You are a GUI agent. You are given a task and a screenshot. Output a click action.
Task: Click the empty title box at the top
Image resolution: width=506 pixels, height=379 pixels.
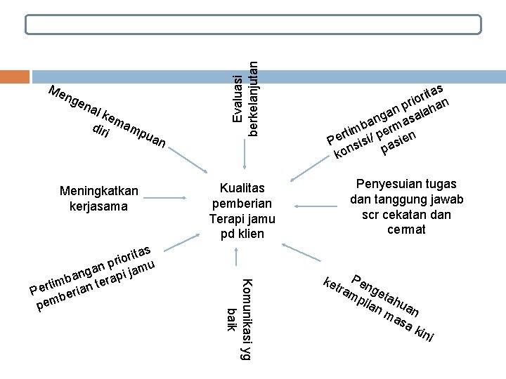[253, 25]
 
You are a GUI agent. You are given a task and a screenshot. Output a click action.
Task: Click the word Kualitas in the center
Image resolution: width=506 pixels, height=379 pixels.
[242, 188]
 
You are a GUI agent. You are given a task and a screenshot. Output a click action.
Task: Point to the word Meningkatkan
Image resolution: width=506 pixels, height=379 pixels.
[99, 191]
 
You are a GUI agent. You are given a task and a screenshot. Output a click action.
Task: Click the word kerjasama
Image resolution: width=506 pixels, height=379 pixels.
[99, 206]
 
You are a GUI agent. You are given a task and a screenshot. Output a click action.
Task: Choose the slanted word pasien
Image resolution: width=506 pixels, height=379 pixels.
[398, 141]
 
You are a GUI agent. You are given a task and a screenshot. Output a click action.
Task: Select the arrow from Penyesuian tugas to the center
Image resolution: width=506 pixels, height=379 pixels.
[320, 206]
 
